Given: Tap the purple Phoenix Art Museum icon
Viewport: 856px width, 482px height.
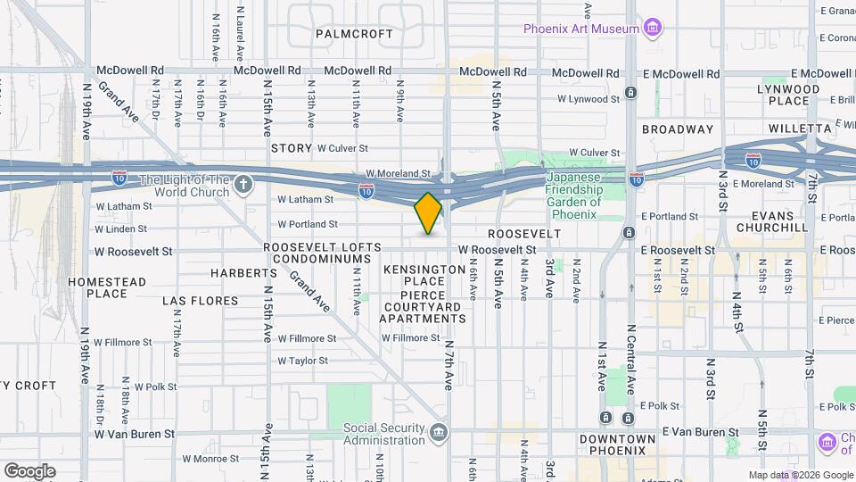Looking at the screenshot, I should coord(653,28).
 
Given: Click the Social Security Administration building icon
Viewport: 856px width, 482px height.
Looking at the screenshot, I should coord(438,434).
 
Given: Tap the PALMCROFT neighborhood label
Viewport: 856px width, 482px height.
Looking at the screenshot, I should coord(354,34).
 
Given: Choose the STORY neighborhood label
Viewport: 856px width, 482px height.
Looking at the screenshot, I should coord(292,148).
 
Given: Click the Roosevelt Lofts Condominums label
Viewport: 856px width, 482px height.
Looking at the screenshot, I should coord(322,253).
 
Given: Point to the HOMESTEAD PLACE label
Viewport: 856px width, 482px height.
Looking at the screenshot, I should coord(107,287).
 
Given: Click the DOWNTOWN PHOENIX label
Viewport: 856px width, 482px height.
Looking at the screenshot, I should coord(624,445).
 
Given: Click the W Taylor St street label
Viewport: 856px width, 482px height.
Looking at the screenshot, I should coord(302,361).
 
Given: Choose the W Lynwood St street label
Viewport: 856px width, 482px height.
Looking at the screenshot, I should coord(588,99).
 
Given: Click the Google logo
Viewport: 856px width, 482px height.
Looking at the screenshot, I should coord(29,470).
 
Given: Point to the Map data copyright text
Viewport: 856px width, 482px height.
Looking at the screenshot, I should coord(800,475).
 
